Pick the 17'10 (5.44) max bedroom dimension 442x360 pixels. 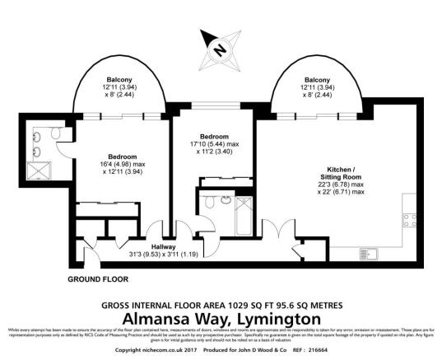click(x=212, y=145)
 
